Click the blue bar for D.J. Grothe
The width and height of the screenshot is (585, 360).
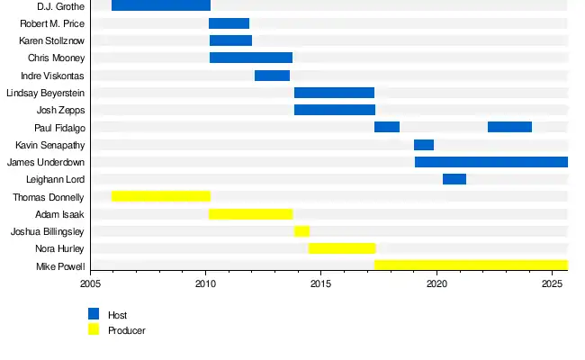161,6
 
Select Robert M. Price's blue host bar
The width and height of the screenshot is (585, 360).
229,23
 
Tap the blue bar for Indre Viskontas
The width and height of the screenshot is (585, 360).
272,76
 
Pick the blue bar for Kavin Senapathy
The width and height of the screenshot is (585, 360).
424,145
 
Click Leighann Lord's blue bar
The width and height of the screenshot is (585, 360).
454,179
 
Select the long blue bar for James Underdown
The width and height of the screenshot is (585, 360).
491,162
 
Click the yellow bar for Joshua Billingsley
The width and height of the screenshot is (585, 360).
301,231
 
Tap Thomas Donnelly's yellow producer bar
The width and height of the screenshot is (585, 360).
161,196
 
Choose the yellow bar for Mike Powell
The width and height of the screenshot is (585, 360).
471,265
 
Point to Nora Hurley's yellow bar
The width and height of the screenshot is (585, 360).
342,248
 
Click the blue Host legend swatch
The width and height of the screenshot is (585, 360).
94,314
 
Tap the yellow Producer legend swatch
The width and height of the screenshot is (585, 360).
94,329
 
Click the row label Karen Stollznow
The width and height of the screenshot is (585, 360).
51,41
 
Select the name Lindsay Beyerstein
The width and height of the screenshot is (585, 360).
45,93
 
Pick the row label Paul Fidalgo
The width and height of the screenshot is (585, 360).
59,128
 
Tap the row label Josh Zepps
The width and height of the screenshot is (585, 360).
60,110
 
